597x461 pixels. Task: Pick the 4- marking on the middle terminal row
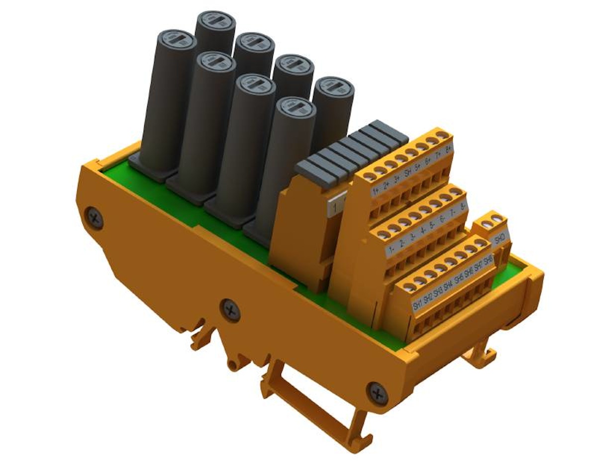pyautogui.click(x=423, y=229)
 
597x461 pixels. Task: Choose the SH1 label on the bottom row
pyautogui.click(x=417, y=304)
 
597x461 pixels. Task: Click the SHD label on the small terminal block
pyautogui.click(x=499, y=239)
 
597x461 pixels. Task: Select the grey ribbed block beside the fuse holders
pyautogui.click(x=351, y=152)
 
